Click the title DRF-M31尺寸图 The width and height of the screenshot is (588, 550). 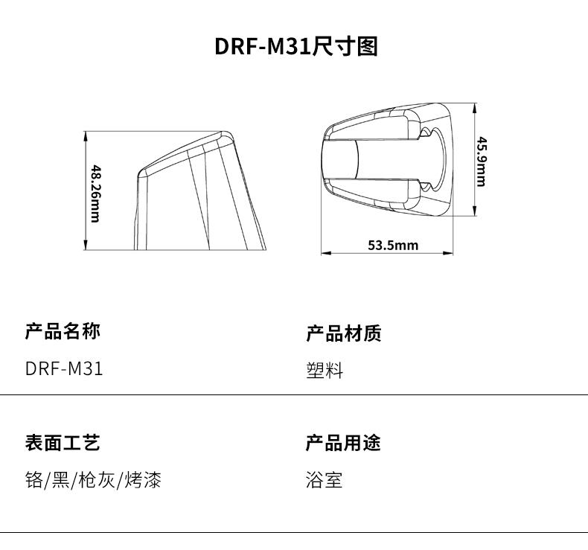tap(296, 46)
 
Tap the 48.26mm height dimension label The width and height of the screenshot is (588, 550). tap(96, 194)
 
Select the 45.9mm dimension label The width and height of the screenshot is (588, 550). tap(482, 162)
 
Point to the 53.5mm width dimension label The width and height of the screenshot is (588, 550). tap(393, 245)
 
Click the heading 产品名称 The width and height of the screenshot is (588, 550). tap(63, 331)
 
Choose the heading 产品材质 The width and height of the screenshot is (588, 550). tap(344, 333)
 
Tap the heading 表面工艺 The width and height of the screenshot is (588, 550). tap(63, 443)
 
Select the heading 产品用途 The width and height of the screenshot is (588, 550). tap(343, 443)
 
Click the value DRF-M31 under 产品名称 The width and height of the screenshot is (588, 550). tap(64, 368)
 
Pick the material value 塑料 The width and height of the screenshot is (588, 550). tap(325, 371)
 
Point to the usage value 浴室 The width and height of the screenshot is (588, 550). tap(324, 480)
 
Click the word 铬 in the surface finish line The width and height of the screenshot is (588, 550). tap(34, 480)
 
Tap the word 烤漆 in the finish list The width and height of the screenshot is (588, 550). tap(143, 480)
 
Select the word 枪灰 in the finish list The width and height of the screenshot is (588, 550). tap(97, 480)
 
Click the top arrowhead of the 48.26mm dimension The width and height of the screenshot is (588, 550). tap(86, 135)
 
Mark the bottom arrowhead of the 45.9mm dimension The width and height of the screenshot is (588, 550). tap(475, 211)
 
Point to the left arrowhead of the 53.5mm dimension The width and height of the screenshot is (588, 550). tap(326, 253)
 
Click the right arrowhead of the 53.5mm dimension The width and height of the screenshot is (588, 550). tap(448, 253)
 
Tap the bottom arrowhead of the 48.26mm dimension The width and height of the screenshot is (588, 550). tap(86, 245)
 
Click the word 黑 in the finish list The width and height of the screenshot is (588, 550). tap(61, 480)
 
